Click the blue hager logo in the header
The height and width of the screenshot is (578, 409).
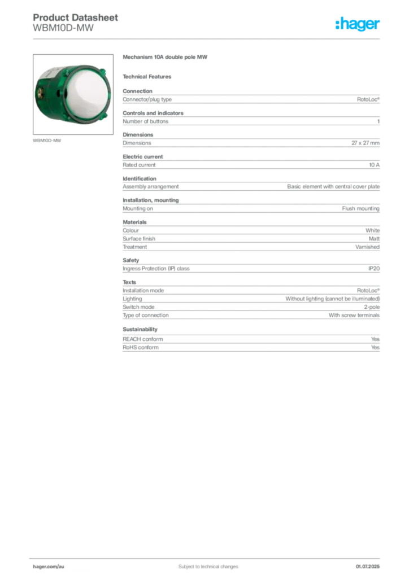click(358, 24)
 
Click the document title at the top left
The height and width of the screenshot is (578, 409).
click(76, 23)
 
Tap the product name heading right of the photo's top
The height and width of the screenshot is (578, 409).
click(167, 58)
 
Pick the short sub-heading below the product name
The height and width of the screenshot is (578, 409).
click(149, 76)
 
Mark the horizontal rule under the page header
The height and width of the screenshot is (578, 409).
click(207, 38)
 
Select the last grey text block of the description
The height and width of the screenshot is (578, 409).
click(250, 340)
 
